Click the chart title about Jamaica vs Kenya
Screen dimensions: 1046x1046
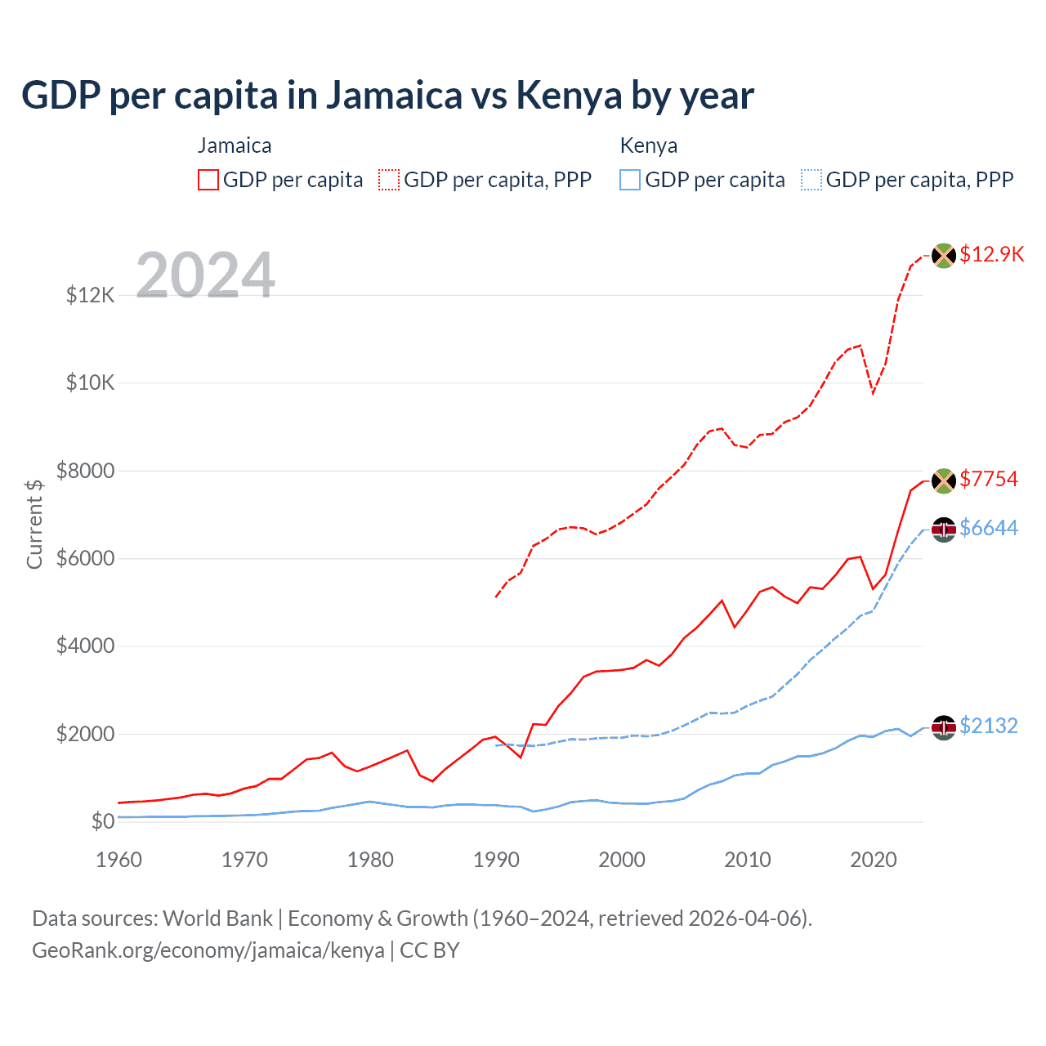point(387,96)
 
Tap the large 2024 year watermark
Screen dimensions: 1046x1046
point(205,275)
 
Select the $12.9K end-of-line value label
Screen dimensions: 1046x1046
point(991,254)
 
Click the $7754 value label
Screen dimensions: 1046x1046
point(989,479)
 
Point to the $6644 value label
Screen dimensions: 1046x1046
point(989,529)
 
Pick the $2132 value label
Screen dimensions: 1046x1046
point(989,726)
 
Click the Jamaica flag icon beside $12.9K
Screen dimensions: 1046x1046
point(944,256)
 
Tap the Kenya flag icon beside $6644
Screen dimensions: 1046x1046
point(944,530)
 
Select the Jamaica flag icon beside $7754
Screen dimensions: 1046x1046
point(944,481)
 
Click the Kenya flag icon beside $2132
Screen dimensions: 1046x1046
point(944,727)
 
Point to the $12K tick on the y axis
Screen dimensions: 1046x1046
point(91,295)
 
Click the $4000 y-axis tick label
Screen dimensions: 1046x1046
point(86,646)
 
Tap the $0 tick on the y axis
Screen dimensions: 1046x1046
point(103,821)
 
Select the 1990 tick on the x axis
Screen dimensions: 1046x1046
point(496,860)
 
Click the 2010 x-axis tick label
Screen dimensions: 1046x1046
point(748,860)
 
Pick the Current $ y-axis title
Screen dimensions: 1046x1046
point(34,524)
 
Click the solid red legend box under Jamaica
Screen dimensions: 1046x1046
point(208,180)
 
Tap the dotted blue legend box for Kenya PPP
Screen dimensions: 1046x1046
point(811,180)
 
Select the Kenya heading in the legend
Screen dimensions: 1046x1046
point(649,145)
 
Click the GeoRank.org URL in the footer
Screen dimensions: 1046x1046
point(208,950)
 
